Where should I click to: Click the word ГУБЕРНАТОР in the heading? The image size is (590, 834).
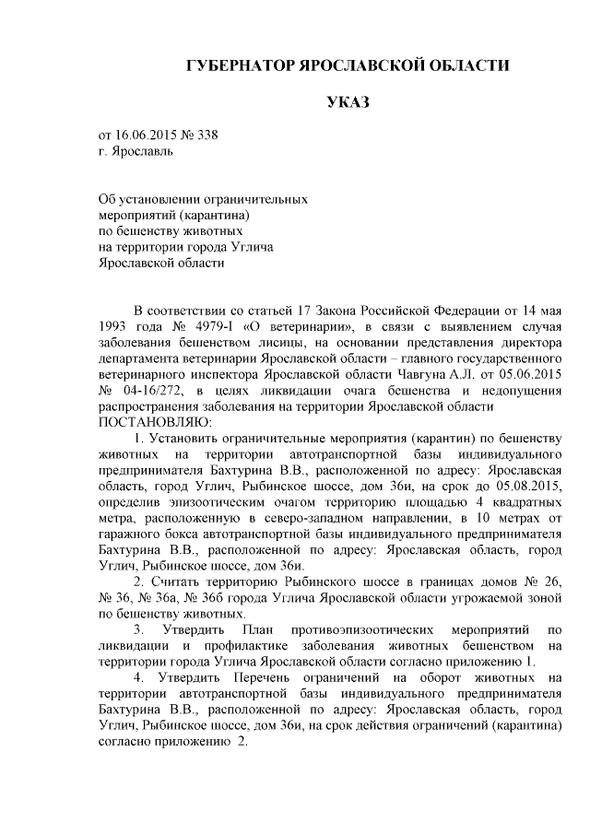point(238,66)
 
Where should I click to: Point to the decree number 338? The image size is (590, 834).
point(209,135)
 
